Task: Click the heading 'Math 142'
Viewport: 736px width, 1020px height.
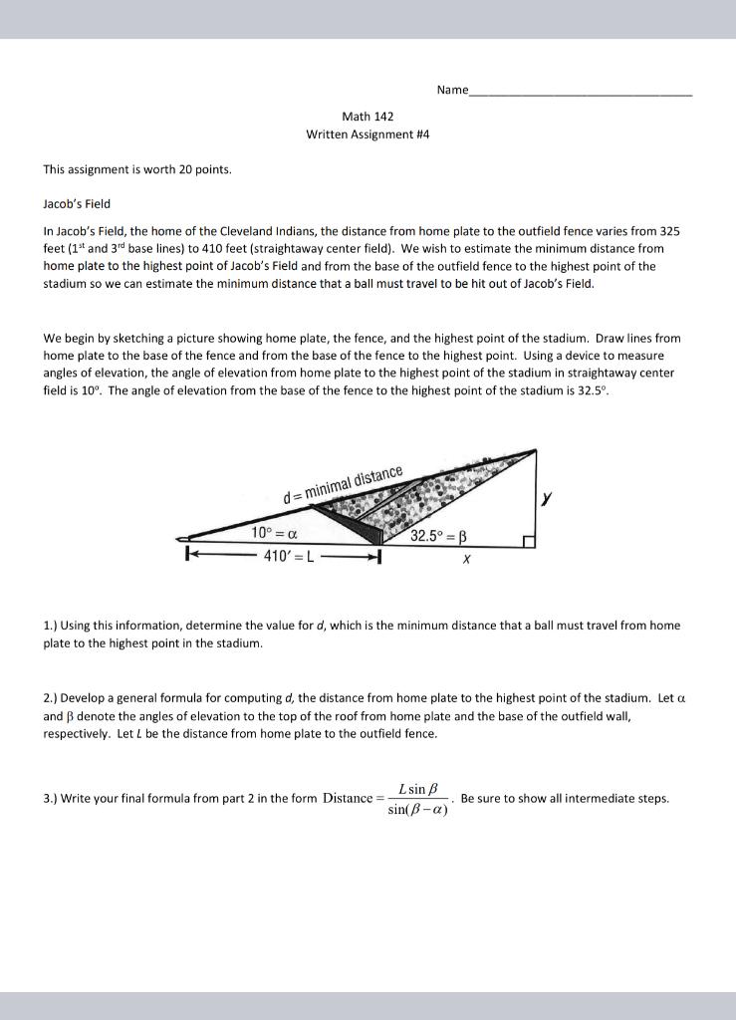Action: (x=368, y=117)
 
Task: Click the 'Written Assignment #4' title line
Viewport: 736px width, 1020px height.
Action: (x=368, y=133)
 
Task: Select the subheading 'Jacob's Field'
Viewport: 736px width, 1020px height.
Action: (x=77, y=203)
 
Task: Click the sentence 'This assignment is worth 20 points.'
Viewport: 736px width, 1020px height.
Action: (x=137, y=169)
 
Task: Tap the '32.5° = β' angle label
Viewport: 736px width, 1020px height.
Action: (x=438, y=536)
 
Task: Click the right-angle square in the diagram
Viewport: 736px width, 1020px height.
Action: (x=530, y=541)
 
